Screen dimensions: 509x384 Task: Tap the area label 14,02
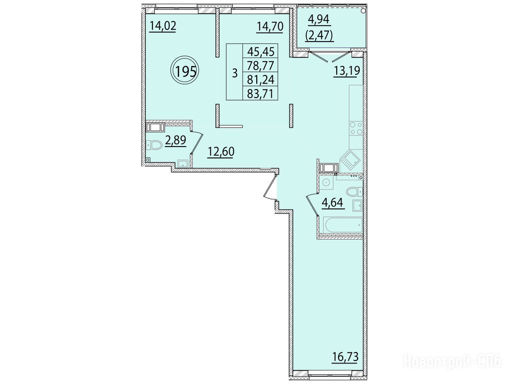163,25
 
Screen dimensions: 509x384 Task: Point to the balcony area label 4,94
319,19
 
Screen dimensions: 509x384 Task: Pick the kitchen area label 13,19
347,70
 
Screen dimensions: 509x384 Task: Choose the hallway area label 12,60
221,151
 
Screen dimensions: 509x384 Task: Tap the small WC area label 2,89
176,140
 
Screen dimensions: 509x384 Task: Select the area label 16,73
345,357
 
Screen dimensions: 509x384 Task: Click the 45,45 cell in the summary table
261,51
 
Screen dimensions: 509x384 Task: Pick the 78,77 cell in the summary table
261,65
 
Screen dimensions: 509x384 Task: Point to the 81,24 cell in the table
261,79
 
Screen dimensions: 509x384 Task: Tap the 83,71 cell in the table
261,93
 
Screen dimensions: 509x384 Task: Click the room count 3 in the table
235,72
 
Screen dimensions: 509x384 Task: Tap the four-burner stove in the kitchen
356,128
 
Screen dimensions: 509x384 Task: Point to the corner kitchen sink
350,160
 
